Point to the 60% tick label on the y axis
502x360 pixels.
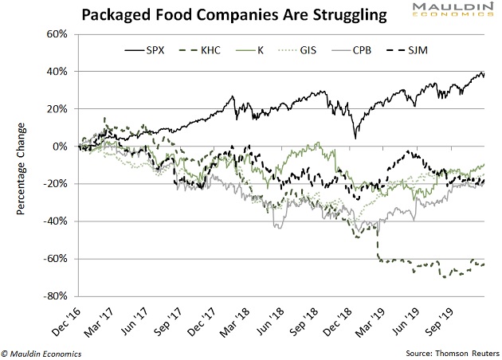coord(56,34)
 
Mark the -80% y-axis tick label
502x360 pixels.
coord(54,296)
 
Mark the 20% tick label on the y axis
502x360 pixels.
coord(56,109)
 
